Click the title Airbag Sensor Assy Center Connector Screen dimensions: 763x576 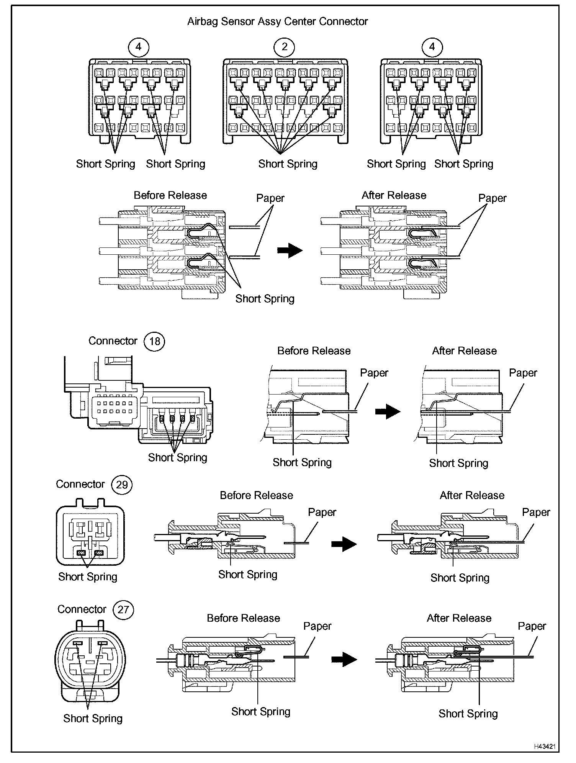(x=277, y=21)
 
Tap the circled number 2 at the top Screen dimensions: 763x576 (x=284, y=47)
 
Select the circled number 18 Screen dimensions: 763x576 (x=154, y=341)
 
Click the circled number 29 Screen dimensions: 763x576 (x=122, y=485)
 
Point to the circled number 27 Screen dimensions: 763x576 (x=123, y=609)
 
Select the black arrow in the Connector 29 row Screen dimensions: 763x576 (x=344, y=544)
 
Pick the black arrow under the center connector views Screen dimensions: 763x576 (x=290, y=251)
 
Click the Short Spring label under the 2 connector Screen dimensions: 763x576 (x=288, y=164)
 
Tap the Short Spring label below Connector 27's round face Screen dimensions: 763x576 (x=93, y=719)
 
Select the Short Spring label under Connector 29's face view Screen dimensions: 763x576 (x=88, y=577)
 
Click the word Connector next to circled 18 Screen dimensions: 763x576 (x=113, y=341)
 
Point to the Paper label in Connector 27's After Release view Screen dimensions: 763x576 (x=532, y=626)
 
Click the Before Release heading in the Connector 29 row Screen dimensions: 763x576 (x=256, y=495)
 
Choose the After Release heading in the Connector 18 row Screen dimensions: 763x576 (x=464, y=351)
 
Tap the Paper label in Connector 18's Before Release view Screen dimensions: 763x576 (x=374, y=373)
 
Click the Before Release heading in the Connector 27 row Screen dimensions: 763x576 (x=243, y=618)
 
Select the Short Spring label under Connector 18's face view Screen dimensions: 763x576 (x=177, y=457)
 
